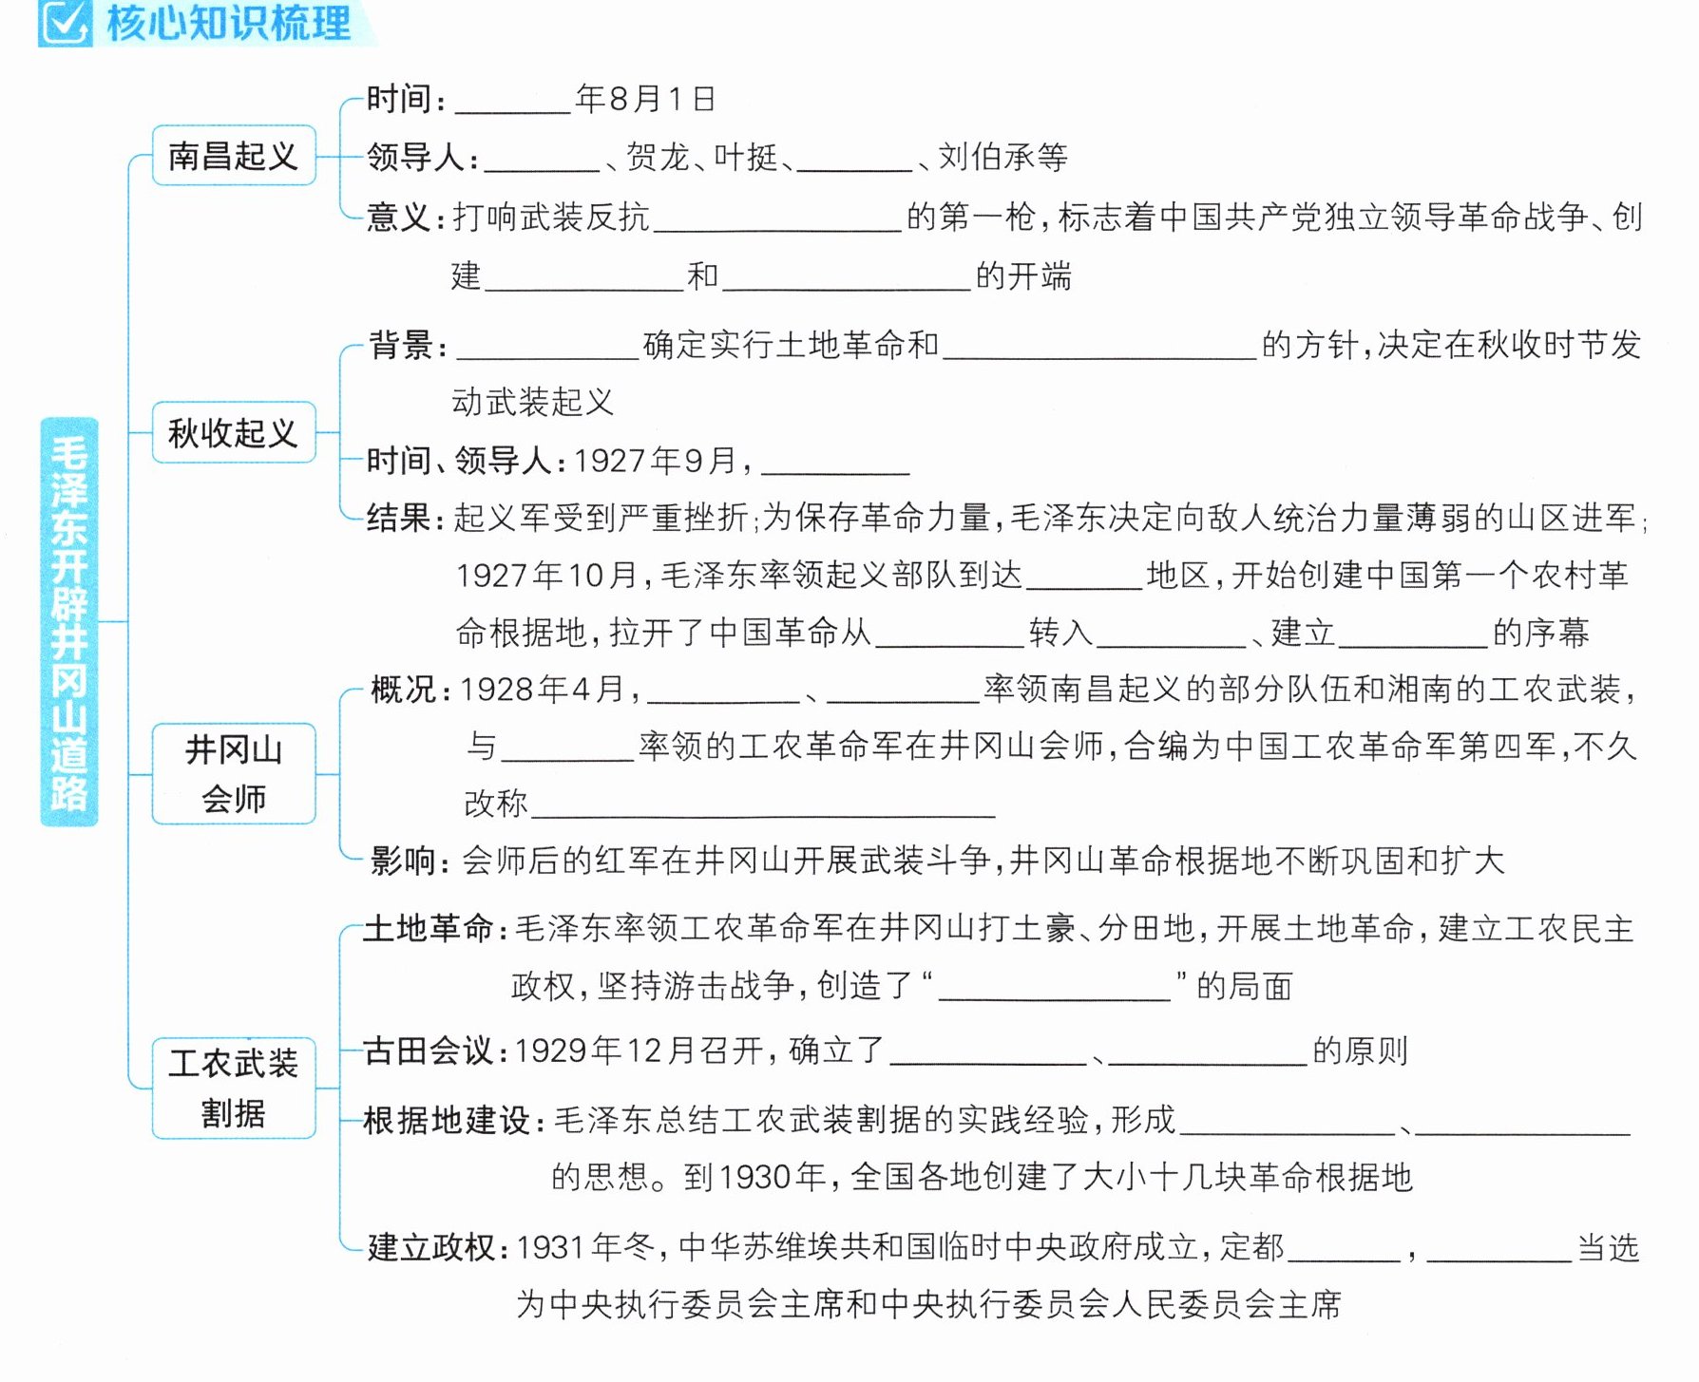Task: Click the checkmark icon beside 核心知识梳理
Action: point(65,23)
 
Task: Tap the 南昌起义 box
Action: point(234,155)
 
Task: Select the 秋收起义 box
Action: point(234,432)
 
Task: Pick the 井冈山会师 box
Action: point(234,774)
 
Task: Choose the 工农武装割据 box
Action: point(234,1088)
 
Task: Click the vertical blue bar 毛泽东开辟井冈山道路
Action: point(69,622)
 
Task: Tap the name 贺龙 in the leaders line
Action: point(658,157)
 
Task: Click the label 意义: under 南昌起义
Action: point(406,218)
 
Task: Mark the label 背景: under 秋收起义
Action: point(408,345)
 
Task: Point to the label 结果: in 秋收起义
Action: point(406,518)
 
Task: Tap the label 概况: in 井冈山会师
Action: point(410,689)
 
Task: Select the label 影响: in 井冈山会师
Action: point(410,861)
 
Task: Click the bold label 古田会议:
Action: point(437,1051)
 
